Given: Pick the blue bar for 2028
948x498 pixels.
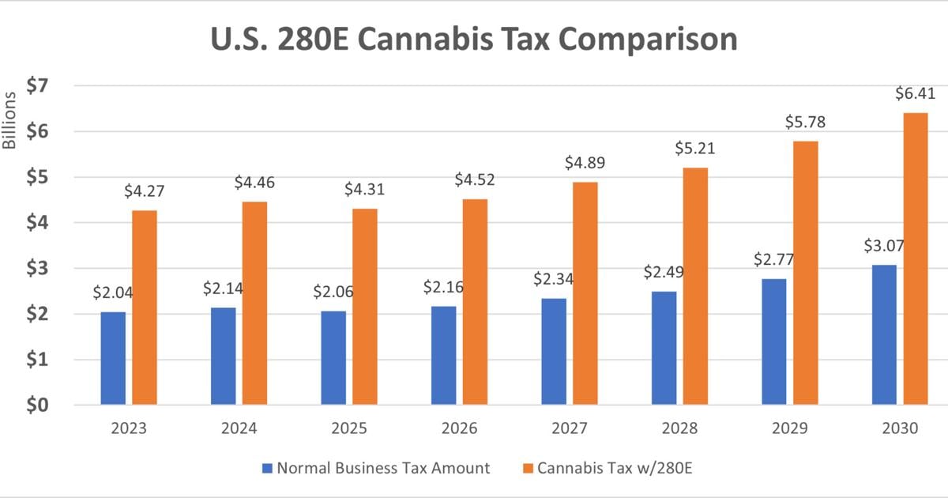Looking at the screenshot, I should click(x=664, y=348).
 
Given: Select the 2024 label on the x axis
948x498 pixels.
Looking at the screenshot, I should click(x=239, y=428).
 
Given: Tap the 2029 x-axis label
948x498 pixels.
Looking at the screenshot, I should click(x=790, y=428).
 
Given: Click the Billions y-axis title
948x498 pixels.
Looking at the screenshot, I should click(x=9, y=121).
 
